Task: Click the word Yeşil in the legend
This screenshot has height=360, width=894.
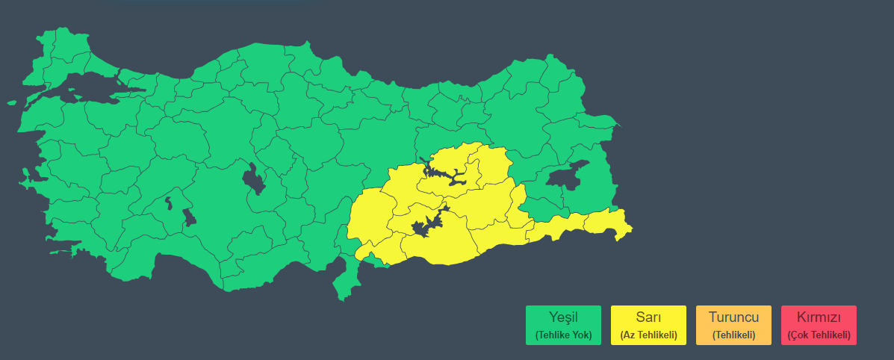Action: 563,317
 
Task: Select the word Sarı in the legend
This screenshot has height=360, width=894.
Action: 648,317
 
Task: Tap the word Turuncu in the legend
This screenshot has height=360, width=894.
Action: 733,317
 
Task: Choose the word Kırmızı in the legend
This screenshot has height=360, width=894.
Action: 819,317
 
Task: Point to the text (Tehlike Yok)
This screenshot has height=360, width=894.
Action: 563,335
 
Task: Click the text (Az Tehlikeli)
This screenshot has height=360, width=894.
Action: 648,335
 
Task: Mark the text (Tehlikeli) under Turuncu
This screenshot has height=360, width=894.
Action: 733,335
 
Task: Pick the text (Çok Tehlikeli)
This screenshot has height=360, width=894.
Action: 819,335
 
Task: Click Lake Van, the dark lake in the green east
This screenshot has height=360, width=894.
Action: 568,176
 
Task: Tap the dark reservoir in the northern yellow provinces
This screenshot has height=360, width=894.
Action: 445,176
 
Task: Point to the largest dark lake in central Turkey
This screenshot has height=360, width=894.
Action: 254,179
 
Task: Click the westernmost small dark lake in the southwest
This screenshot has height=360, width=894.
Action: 169,202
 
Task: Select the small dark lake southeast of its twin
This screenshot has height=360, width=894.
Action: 189,217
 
